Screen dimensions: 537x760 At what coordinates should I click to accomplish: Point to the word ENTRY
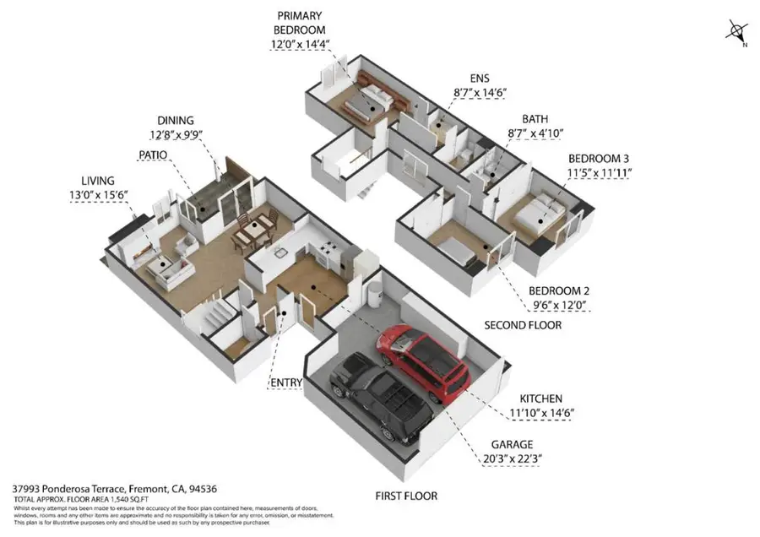tap(286, 382)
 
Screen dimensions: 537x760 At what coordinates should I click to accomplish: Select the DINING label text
tap(175, 120)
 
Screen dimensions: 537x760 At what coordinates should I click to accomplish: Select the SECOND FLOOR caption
tap(523, 325)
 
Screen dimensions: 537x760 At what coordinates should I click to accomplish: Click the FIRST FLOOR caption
tap(407, 496)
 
